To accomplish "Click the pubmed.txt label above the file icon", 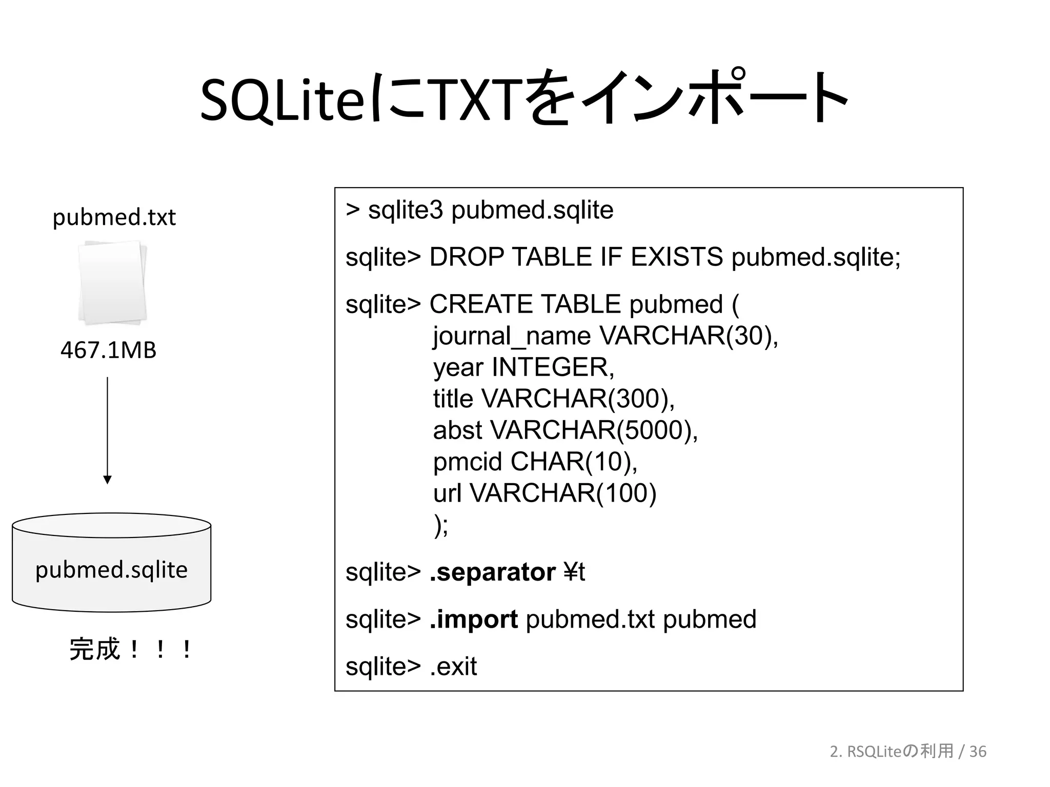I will coord(114,218).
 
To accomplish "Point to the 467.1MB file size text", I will coord(108,350).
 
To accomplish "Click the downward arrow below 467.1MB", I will coord(107,430).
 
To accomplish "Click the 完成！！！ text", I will coord(131,649).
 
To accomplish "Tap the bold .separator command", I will coord(492,572).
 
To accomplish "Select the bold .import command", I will coord(474,619).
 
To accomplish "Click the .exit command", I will coord(453,667).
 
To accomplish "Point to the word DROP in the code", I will coord(467,257).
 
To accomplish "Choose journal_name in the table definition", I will coord(512,337).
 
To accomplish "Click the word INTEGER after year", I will coord(553,367).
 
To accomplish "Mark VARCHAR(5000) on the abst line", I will coord(594,430).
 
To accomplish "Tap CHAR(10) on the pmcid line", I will coord(574,462).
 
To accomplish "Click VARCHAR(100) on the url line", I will coord(563,493).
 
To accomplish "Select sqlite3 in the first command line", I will coord(405,210).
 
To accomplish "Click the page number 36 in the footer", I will coord(978,751).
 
